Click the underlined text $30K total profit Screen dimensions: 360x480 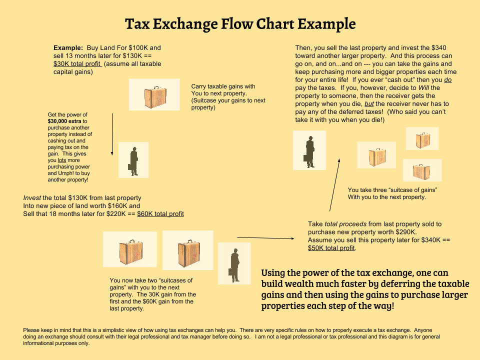77,64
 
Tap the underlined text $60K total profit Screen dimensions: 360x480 160,214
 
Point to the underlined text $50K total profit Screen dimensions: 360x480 331,248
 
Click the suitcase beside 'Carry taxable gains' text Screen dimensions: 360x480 154,94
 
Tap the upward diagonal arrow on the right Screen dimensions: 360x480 335,185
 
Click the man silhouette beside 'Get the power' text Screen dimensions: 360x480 133,160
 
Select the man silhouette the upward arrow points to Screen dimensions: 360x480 309,150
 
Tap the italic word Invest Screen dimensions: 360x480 32,198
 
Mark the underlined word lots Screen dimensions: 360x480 61,160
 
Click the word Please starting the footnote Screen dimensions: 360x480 31,331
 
